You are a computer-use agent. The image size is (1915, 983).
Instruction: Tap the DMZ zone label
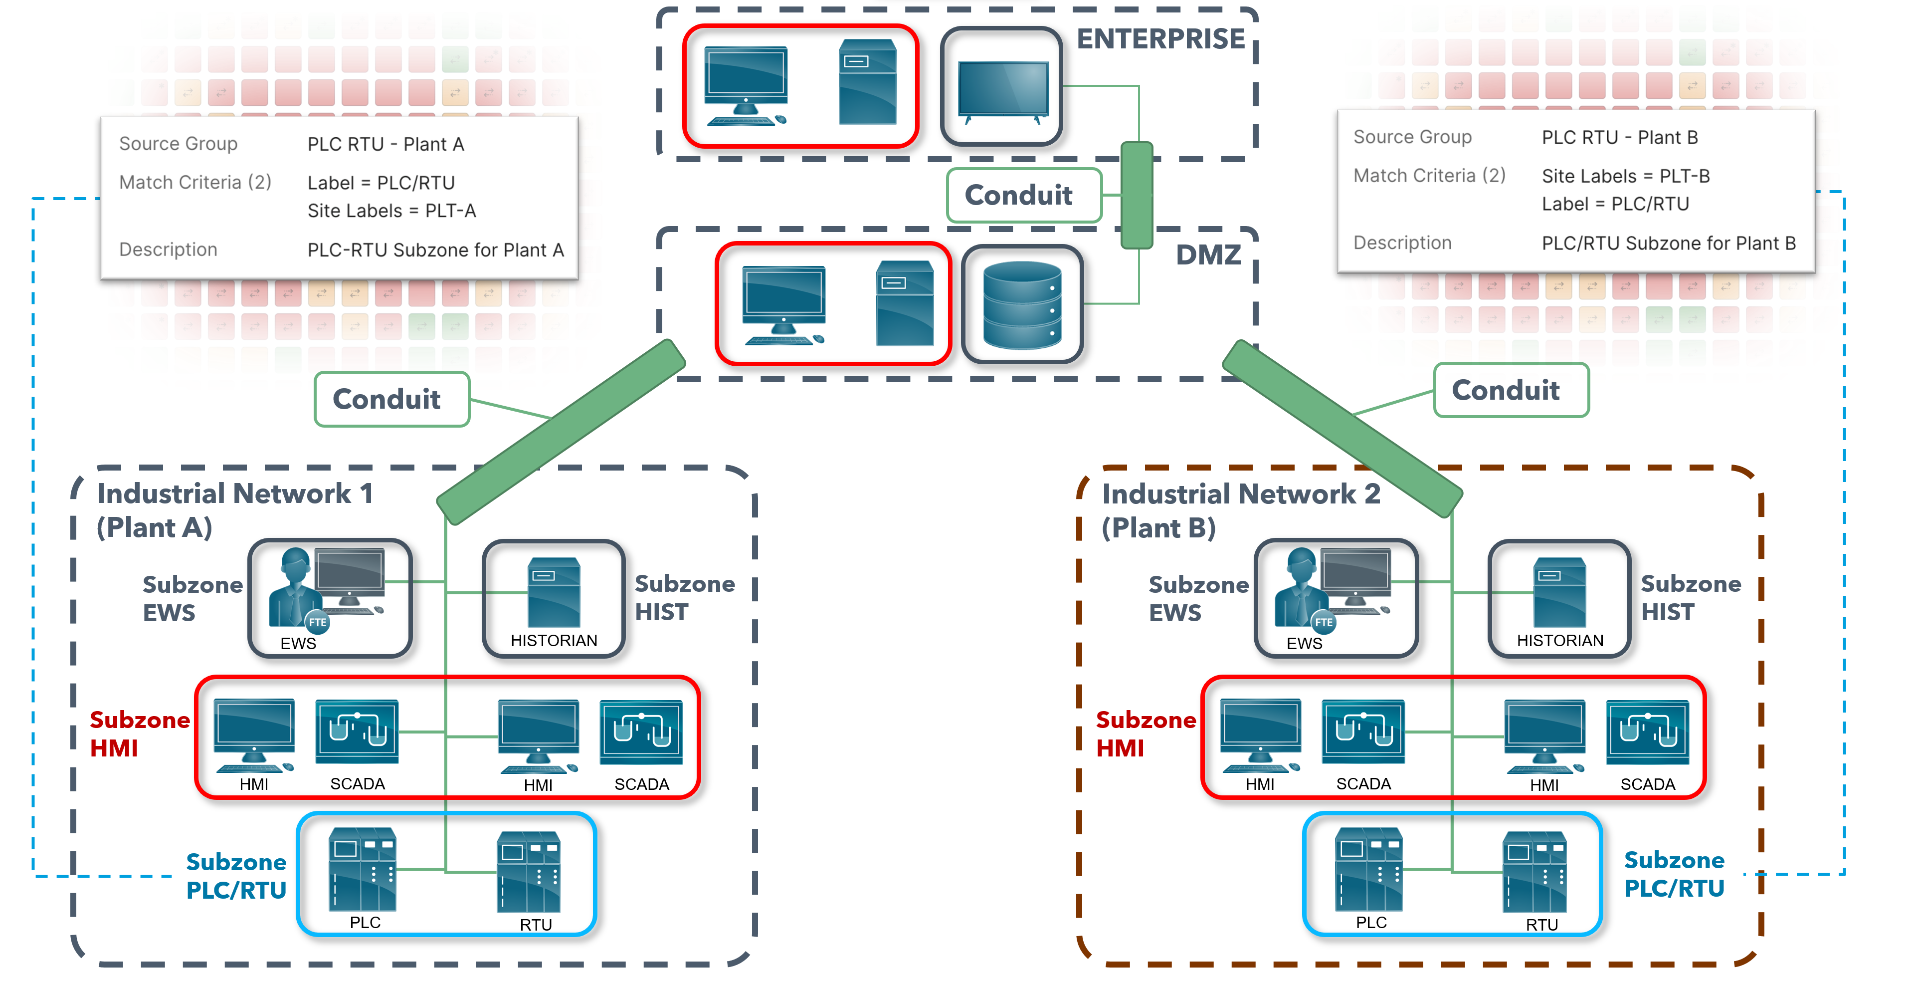(x=1207, y=255)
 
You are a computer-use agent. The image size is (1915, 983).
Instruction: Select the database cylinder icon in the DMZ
(x=1022, y=305)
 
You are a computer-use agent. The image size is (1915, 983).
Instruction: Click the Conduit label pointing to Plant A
(x=386, y=399)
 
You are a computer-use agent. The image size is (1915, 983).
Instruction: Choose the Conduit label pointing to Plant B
(x=1506, y=390)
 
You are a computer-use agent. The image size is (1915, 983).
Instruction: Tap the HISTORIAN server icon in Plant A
(x=554, y=593)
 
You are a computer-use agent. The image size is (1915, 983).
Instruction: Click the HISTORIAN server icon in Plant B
(x=1559, y=593)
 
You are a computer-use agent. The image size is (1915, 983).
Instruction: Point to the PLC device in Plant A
(x=363, y=870)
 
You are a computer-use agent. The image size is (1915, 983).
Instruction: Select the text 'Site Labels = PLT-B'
(x=1625, y=176)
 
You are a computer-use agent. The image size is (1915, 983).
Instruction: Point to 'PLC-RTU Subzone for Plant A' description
(x=436, y=250)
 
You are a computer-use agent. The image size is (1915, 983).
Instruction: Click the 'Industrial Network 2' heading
(x=1240, y=493)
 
